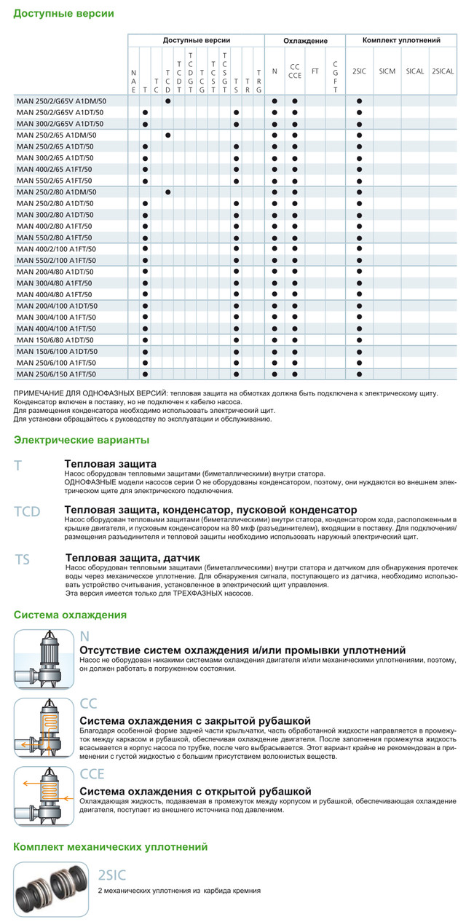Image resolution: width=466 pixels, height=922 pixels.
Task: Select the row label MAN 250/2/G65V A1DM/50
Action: tap(62, 101)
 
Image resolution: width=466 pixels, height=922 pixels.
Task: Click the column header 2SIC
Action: tap(359, 71)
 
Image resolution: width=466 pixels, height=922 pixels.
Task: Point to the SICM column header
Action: tap(387, 71)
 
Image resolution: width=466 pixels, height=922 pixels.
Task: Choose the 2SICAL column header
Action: tap(443, 71)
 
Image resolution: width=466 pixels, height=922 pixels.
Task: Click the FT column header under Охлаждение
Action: tap(315, 71)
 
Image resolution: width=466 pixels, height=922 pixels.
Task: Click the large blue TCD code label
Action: tap(27, 512)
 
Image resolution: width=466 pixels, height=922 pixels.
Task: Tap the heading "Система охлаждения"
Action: tap(70, 615)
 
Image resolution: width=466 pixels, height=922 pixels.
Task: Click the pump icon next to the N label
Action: tap(44, 659)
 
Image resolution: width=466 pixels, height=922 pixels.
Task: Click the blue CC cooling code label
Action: tap(88, 704)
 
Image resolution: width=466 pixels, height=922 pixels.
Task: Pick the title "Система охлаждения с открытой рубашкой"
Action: tap(195, 791)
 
